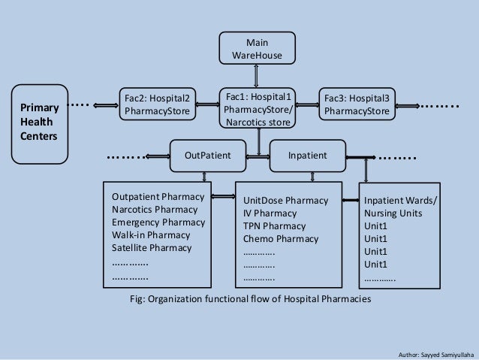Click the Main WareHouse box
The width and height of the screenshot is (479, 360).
(258, 48)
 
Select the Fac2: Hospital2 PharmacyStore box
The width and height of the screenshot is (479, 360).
(157, 104)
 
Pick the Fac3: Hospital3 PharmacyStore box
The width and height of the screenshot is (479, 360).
(356, 104)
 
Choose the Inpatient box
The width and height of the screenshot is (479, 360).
(308, 156)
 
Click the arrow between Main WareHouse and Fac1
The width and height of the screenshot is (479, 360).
(258, 76)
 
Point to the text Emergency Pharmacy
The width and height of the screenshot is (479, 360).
(158, 223)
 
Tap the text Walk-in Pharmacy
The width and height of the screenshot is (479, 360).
(151, 235)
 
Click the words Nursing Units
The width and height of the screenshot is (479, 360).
(393, 213)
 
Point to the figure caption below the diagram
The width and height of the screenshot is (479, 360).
(251, 299)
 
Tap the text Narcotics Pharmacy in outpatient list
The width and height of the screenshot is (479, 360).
(158, 210)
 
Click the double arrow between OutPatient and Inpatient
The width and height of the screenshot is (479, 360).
(258, 156)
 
